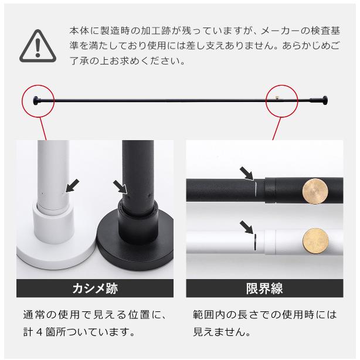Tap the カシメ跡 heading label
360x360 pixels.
coord(95,288)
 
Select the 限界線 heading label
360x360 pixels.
coord(264,288)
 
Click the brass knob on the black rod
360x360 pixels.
coord(315,191)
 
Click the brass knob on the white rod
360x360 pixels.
coord(315,241)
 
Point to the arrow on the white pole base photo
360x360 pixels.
coord(72,186)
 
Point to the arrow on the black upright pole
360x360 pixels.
coord(120,186)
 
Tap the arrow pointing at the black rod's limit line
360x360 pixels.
coord(247,174)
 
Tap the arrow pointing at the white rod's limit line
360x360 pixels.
coord(247,227)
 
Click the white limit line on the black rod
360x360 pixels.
coord(255,189)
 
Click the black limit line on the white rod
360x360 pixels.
coord(255,242)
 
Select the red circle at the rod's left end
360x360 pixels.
coord(22,101)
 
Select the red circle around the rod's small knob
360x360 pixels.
coord(266,101)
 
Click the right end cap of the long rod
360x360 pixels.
coord(325,101)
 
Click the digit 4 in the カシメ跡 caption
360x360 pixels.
coord(39,332)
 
